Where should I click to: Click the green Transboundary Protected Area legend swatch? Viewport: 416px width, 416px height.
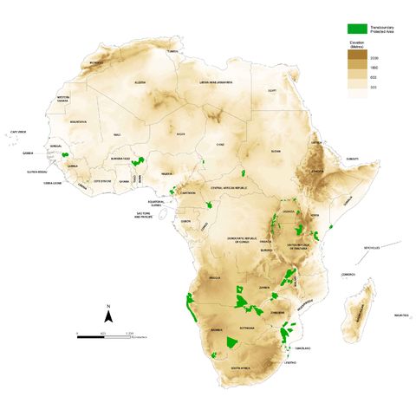pos(354,28)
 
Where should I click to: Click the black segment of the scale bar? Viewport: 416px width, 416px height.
pos(91,335)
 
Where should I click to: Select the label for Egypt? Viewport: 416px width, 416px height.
pos(271,90)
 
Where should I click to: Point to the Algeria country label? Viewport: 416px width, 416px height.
pos(140,82)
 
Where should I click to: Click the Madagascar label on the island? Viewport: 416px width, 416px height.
pos(358,307)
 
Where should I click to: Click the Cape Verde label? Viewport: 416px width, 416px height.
pos(17,132)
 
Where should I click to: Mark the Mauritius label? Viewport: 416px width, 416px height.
pos(400,315)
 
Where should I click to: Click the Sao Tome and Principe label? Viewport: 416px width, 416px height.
pos(149,214)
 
